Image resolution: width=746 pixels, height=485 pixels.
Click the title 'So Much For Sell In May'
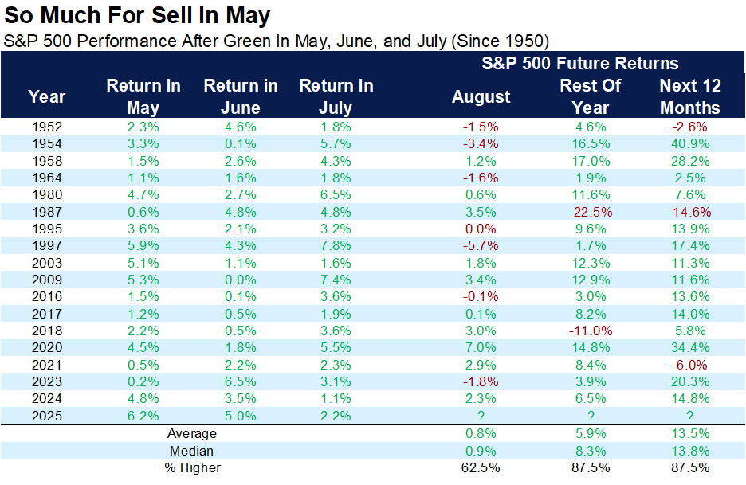tap(136, 15)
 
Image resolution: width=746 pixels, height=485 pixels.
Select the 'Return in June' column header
tap(240, 96)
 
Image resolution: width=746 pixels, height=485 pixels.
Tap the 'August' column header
tap(481, 96)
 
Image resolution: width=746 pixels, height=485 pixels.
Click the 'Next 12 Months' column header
tap(690, 96)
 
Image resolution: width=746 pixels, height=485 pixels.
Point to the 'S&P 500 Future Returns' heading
tap(579, 64)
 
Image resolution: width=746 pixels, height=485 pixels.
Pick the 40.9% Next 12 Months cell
tap(690, 144)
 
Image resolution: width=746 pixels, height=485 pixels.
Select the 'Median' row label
tap(191, 451)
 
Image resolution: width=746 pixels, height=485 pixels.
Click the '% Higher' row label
tap(191, 467)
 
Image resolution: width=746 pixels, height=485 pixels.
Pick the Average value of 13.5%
tap(690, 434)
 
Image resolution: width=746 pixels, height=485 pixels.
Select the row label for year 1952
tap(48, 127)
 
